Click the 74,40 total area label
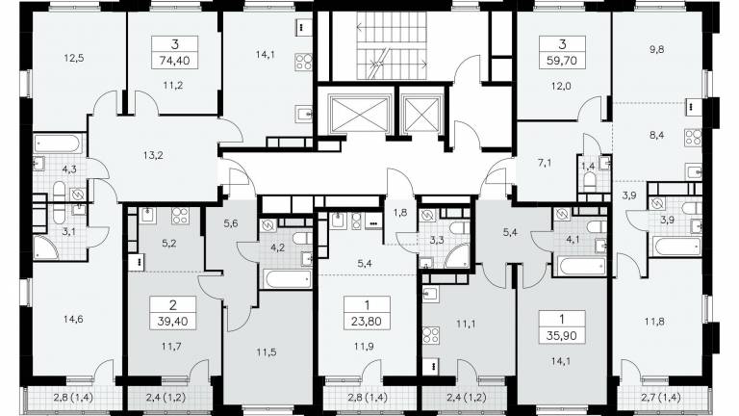tap(174, 61)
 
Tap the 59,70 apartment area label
tap(562, 61)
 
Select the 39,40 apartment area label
tap(172, 322)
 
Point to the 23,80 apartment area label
tap(367, 322)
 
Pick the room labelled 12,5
tap(73, 59)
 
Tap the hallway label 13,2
tap(153, 155)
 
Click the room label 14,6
tap(73, 320)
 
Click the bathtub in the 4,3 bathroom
tap(59, 143)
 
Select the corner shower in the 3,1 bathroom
tap(46, 247)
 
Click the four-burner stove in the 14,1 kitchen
tap(303, 63)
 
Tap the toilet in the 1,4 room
tap(589, 180)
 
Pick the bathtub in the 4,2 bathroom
tap(288, 278)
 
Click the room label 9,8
tap(656, 49)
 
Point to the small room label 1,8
tap(400, 213)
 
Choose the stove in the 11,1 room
tap(431, 335)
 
